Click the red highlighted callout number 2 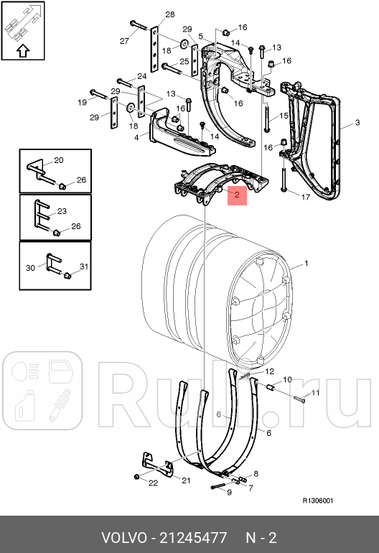pyautogui.click(x=238, y=194)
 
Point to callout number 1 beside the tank pyautogui.click(x=307, y=265)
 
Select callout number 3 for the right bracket pyautogui.click(x=357, y=124)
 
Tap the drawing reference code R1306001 pyautogui.click(x=317, y=501)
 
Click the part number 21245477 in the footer pyautogui.click(x=194, y=537)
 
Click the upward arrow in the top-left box pyautogui.click(x=22, y=50)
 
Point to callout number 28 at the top pyautogui.click(x=169, y=14)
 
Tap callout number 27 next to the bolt pyautogui.click(x=123, y=40)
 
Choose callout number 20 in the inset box pyautogui.click(x=58, y=160)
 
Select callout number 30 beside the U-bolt pyautogui.click(x=30, y=267)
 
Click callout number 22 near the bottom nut pyautogui.click(x=152, y=483)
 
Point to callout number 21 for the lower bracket pyautogui.click(x=185, y=480)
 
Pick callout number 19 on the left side pyautogui.click(x=81, y=103)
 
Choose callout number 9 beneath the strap pyautogui.click(x=229, y=492)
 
